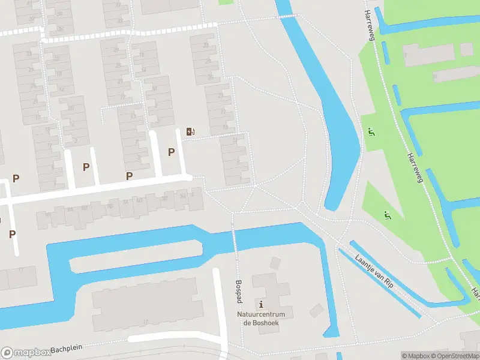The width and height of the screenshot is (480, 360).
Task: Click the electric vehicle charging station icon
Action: pyautogui.click(x=190, y=131)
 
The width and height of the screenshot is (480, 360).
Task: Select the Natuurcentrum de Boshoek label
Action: pyautogui.click(x=261, y=319)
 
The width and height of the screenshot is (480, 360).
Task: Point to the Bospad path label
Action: pyautogui.click(x=239, y=290)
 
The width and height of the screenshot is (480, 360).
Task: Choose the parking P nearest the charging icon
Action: pyautogui.click(x=172, y=152)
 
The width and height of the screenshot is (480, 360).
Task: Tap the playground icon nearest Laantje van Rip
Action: pyautogui.click(x=386, y=214)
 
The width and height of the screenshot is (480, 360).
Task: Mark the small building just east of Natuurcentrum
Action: pyautogui.click(x=317, y=310)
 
